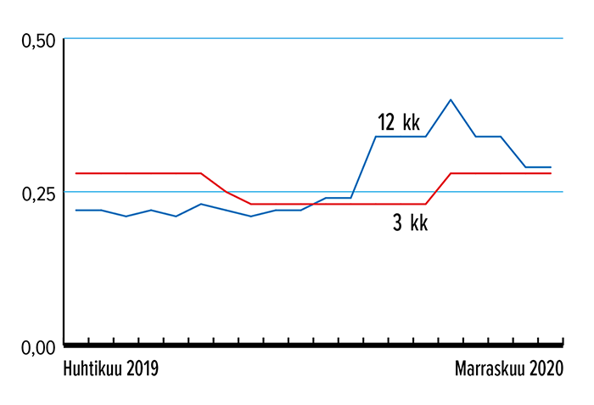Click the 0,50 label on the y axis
pyautogui.click(x=36, y=40)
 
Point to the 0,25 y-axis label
pyautogui.click(x=36, y=193)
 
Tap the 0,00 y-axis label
pyautogui.click(x=36, y=346)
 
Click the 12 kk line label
pyautogui.click(x=399, y=122)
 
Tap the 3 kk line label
pyautogui.click(x=410, y=223)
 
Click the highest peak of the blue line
pyautogui.click(x=451, y=99)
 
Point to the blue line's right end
pyautogui.click(x=551, y=167)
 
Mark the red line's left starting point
pyautogui.click(x=76, y=173)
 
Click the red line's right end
pyautogui.click(x=551, y=173)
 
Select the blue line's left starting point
pyautogui.click(x=76, y=210)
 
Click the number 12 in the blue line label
pyautogui.click(x=386, y=122)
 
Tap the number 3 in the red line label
pyautogui.click(x=397, y=223)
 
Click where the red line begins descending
pyautogui.click(x=201, y=173)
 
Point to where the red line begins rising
pyautogui.click(x=426, y=204)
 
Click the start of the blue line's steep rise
pyautogui.click(x=351, y=197)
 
